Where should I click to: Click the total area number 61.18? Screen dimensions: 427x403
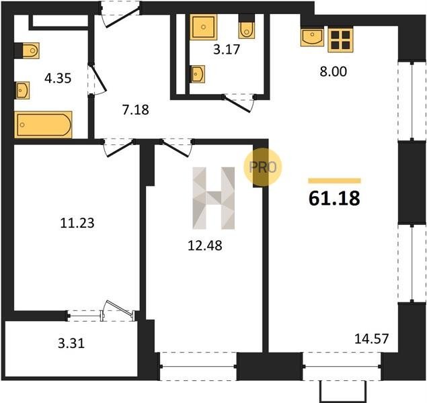coord(334,198)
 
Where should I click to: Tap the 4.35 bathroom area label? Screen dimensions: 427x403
coord(58,79)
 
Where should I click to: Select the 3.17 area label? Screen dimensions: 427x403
coord(227,50)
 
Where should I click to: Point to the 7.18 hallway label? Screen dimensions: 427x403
coord(136,109)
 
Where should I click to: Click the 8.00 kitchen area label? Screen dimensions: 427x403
coord(334,72)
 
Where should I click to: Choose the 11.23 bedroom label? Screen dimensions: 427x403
coord(77,223)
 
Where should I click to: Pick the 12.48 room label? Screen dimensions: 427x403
coord(205,246)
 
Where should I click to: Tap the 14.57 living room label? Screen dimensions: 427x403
coord(371,339)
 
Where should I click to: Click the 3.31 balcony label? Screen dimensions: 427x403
coord(71,343)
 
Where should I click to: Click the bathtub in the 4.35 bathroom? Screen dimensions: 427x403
coord(43,125)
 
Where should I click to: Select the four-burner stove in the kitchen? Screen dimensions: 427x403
coord(340,40)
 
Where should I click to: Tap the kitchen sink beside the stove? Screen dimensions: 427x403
coord(313,37)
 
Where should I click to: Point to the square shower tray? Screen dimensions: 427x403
coord(204,27)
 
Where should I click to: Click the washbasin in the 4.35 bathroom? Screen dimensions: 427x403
coord(23,90)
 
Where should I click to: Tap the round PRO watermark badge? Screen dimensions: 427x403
coord(262,167)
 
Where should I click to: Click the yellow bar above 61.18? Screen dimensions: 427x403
coord(335,181)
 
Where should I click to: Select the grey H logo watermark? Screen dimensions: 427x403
coord(214,198)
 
